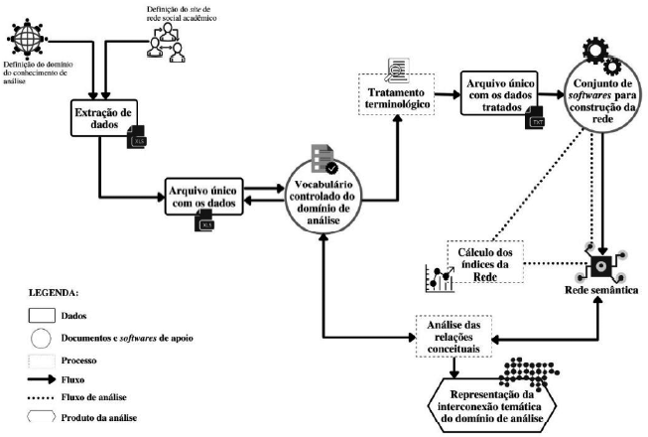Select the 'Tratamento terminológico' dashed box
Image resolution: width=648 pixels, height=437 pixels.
[396, 100]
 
